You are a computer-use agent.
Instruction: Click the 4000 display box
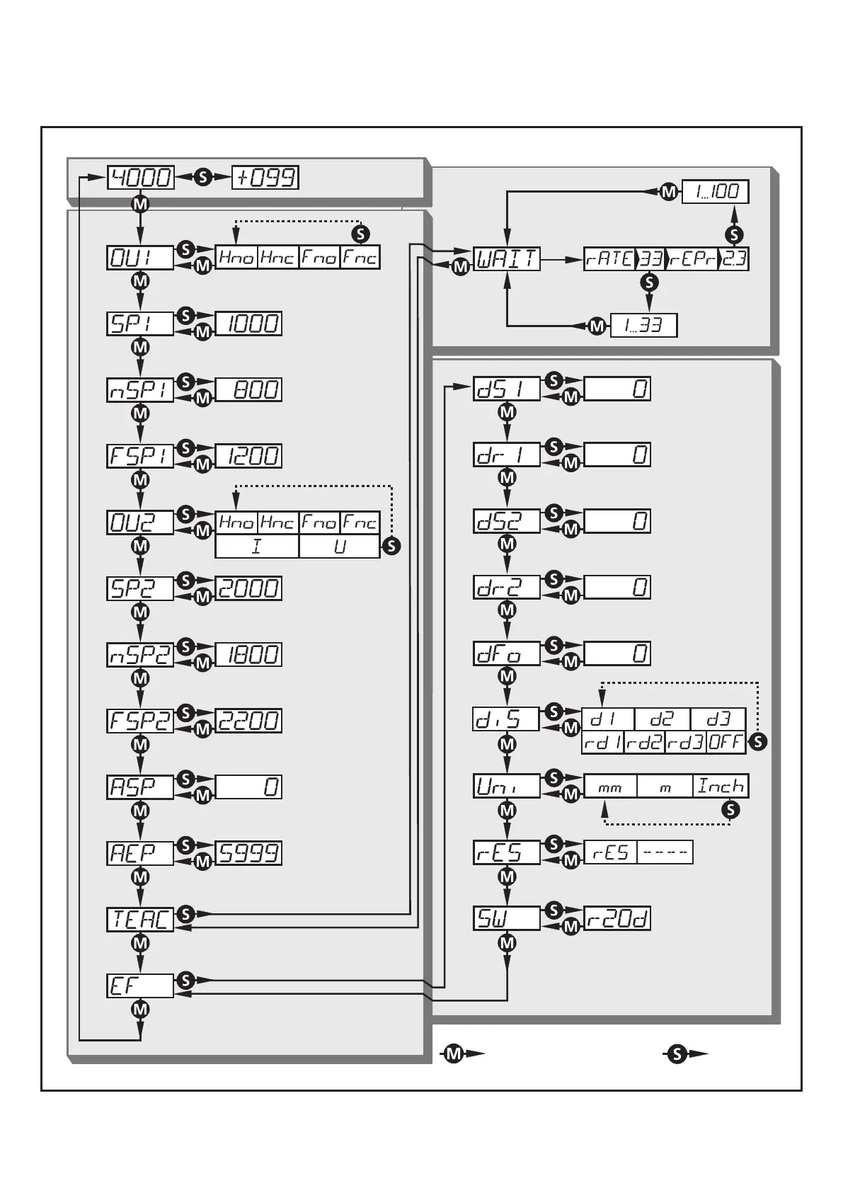coord(140,177)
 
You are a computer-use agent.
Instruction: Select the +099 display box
coord(265,177)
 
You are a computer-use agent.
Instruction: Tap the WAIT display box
coord(506,259)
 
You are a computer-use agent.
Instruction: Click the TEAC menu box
coord(140,919)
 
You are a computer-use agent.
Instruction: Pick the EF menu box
coord(140,986)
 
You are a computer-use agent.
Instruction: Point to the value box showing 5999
coord(248,853)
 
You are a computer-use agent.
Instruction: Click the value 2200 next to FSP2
coord(248,721)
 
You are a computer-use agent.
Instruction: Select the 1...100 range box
coord(715,191)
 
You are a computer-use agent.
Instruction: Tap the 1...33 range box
coord(643,326)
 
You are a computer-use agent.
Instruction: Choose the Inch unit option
coord(721,786)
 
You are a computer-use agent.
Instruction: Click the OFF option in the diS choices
coord(726,742)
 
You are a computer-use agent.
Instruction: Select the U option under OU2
coord(340,547)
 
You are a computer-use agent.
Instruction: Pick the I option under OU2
coord(257,547)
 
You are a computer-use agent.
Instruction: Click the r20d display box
coord(617,919)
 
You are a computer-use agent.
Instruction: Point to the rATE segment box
coord(609,259)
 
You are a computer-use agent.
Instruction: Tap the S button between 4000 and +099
coord(203,177)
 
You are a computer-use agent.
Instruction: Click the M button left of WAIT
coord(461,268)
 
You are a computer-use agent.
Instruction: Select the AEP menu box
coord(140,853)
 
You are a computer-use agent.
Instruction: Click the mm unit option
coord(609,786)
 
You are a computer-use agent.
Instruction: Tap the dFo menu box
coord(506,653)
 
